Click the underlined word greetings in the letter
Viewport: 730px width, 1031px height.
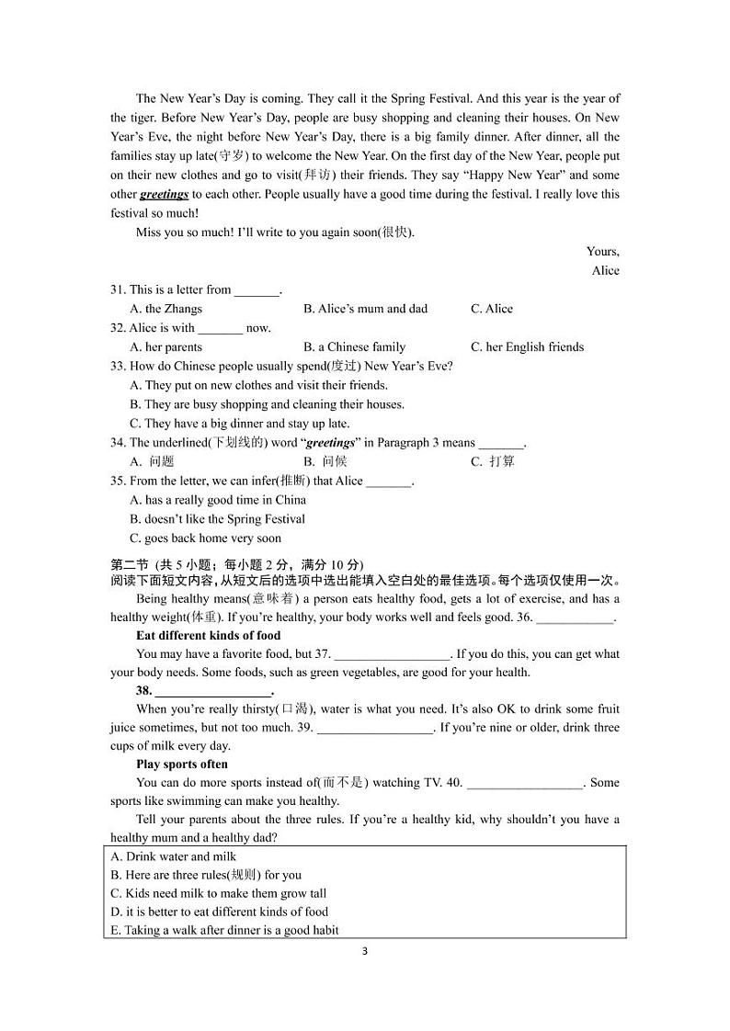point(164,194)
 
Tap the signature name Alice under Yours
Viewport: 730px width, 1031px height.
point(605,270)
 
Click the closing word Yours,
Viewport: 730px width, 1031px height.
point(602,251)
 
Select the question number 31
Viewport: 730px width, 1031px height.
point(118,289)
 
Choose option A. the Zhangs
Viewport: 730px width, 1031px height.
point(166,309)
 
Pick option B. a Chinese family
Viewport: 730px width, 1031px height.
point(354,347)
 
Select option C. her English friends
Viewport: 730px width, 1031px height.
point(527,347)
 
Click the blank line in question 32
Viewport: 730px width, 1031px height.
point(220,329)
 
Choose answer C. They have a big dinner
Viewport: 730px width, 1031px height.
point(240,424)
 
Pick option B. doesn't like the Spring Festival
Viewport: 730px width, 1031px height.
point(218,519)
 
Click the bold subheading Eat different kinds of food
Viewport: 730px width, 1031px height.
point(208,635)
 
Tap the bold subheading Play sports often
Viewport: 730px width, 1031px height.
point(182,764)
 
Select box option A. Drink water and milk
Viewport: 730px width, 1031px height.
point(174,856)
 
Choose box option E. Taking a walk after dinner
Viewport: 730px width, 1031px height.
point(224,930)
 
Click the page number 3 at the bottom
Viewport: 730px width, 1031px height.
point(365,951)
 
